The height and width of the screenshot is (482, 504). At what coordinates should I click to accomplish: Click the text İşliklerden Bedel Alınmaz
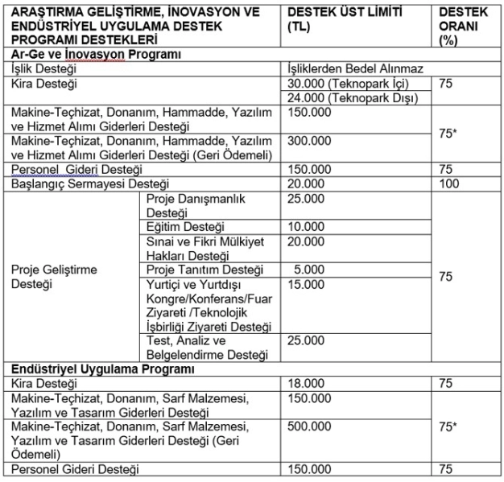[355, 69]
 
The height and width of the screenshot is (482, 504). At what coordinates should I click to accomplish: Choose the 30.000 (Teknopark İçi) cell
[342, 84]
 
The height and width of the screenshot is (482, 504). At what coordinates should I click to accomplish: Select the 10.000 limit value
[304, 227]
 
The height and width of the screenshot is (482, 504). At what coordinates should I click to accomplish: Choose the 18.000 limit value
[304, 383]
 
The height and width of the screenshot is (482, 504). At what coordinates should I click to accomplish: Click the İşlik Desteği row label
[44, 69]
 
